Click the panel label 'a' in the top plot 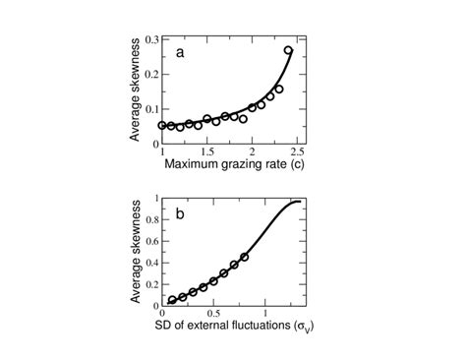tap(180, 53)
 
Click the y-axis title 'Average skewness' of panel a tap(136, 90)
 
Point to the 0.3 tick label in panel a tap(151, 39)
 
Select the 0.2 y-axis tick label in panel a tap(151, 74)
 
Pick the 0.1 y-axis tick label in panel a tap(151, 108)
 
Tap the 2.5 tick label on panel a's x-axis tap(298, 151)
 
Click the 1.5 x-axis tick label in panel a tap(206, 151)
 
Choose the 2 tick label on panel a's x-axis tap(253, 151)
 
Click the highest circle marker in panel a tap(288, 51)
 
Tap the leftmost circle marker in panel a tap(162, 126)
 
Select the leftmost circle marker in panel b tap(173, 300)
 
